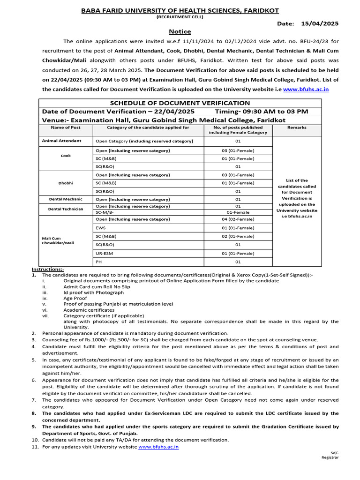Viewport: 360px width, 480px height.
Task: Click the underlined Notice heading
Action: coord(180,31)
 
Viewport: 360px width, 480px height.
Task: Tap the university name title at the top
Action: coord(180,9)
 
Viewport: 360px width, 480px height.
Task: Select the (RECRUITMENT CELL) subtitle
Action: coord(180,16)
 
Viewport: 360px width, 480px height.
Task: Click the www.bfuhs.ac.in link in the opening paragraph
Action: coord(306,89)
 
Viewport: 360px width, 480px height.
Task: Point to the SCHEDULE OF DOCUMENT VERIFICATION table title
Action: coord(180,103)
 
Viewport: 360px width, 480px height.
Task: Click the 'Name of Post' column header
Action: coord(66,127)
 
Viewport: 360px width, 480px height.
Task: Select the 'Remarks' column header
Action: coord(297,127)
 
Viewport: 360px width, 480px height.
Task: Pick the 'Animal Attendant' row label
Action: coord(61,141)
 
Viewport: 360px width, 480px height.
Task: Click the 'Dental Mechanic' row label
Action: coord(66,199)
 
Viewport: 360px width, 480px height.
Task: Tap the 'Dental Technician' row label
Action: coord(66,209)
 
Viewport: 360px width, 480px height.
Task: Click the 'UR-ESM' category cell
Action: coord(105,253)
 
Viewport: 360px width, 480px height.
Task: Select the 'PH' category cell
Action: coord(99,262)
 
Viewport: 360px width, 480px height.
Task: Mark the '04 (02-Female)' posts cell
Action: coord(238,219)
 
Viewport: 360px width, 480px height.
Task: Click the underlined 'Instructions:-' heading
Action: coord(48,269)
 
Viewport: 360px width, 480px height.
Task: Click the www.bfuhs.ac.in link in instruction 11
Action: coord(158,447)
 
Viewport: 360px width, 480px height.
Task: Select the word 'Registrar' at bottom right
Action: coord(330,457)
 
